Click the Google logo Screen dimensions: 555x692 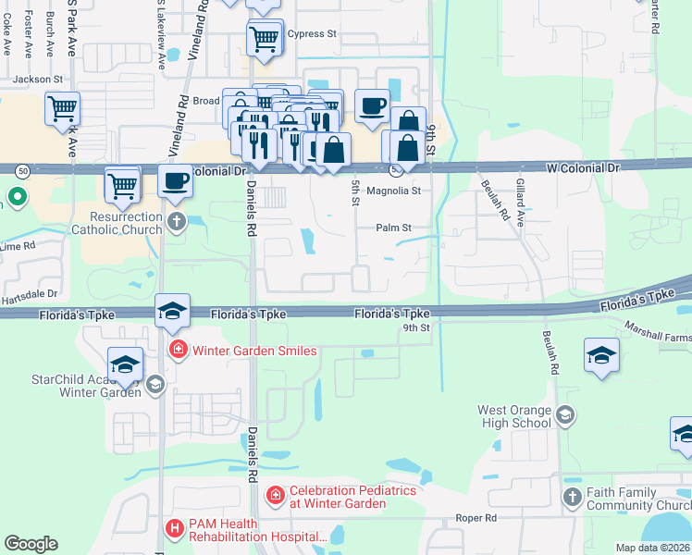31,543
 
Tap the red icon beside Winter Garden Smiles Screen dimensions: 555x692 176,351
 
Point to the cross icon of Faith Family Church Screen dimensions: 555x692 573,498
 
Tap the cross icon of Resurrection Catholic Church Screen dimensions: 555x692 176,221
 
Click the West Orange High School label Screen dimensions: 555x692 514,416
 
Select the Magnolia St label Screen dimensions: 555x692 394,191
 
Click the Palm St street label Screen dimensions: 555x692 393,228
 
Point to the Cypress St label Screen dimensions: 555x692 312,34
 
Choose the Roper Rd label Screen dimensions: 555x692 476,519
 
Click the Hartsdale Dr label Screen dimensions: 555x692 35,292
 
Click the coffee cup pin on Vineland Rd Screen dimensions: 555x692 175,180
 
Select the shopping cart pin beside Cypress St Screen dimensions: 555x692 265,39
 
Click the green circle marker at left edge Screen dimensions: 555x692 16,196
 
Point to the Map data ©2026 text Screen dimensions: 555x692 652,548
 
